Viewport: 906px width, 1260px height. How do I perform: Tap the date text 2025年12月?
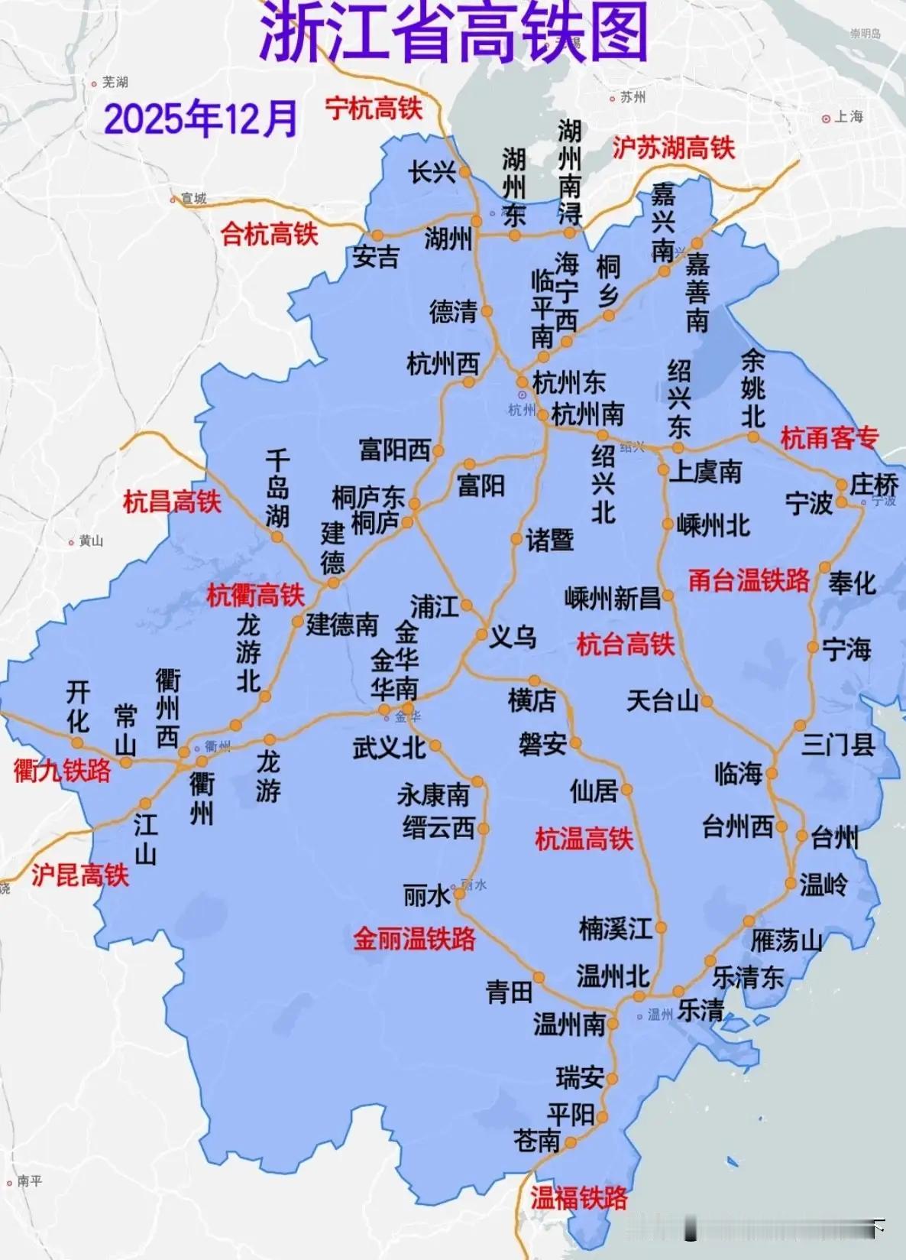click(200, 119)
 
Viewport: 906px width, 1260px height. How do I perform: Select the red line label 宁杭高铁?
click(374, 108)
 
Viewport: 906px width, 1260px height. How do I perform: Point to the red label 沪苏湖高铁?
click(673, 148)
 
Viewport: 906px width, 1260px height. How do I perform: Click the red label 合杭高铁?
click(269, 233)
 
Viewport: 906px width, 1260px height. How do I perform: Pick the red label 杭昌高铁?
click(172, 502)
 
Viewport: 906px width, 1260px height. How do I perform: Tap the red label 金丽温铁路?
click(414, 938)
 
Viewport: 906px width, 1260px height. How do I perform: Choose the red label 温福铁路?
click(579, 1197)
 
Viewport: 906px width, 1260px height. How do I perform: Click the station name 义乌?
click(513, 636)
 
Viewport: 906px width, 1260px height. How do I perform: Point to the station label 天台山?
click(662, 700)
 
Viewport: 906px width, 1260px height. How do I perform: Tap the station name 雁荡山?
click(786, 940)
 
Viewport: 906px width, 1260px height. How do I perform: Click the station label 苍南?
click(537, 1141)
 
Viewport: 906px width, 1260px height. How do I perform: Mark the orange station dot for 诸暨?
click(516, 540)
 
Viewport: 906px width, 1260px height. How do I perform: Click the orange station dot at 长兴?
click(464, 173)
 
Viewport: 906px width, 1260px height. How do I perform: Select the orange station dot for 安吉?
click(377, 235)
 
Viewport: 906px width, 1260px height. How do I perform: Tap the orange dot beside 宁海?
click(813, 648)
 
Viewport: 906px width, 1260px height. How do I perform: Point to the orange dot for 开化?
click(78, 741)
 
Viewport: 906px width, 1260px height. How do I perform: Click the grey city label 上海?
click(849, 117)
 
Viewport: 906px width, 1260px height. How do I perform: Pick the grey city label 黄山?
click(90, 541)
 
